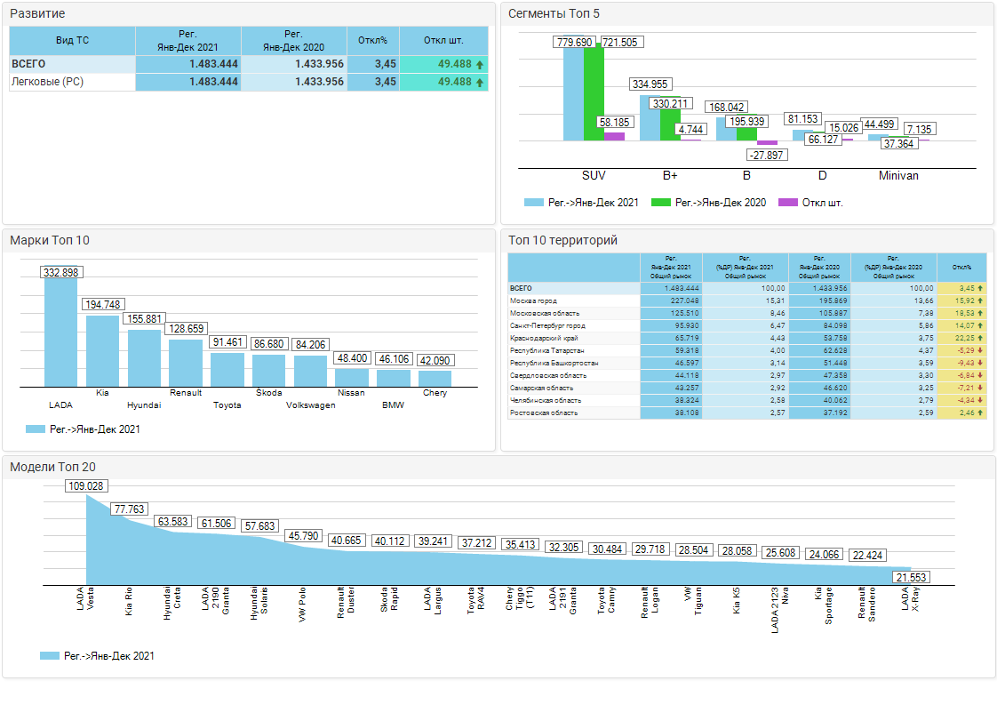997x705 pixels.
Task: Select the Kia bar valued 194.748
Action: pos(102,350)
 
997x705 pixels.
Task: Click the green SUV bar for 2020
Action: pos(594,94)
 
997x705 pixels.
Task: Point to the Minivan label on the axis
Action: pos(898,176)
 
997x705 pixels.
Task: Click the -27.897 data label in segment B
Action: pos(766,155)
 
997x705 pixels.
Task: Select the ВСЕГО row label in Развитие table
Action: pos(28,64)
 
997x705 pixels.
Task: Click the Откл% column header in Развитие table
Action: pos(372,40)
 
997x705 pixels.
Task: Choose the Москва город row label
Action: pos(534,301)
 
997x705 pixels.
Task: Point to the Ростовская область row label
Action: pos(544,413)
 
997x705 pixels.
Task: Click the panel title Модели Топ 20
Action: pos(52,467)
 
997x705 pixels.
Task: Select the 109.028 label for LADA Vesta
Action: pos(86,485)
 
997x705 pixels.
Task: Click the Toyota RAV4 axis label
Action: pos(476,601)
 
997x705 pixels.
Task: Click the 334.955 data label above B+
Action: pos(650,84)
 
